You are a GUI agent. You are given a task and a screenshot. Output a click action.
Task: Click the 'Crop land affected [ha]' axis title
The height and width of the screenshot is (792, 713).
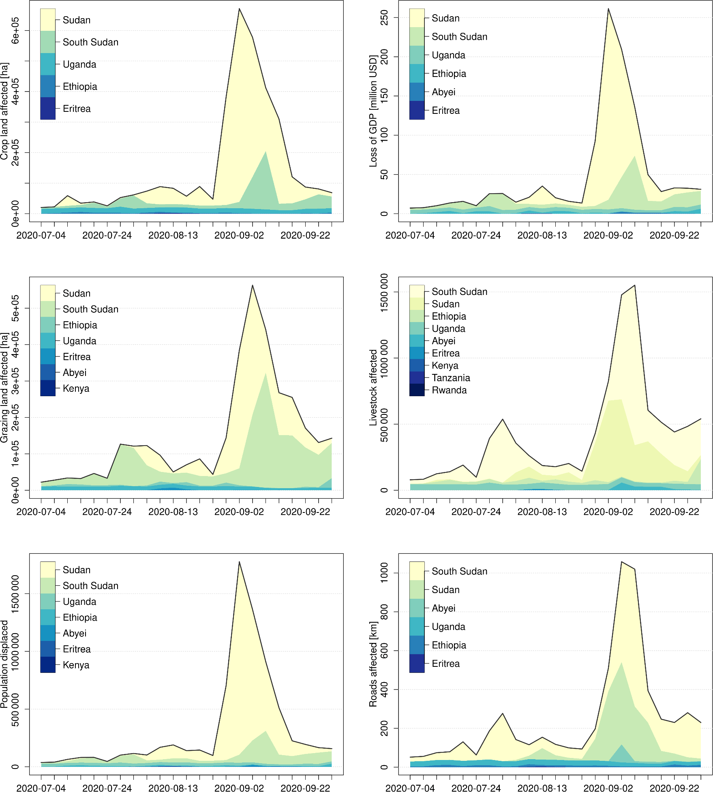(4, 111)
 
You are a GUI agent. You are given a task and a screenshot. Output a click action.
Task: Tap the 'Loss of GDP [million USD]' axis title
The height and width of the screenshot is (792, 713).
(373, 111)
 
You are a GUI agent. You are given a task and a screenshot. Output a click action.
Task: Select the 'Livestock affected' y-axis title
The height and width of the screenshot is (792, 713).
(373, 388)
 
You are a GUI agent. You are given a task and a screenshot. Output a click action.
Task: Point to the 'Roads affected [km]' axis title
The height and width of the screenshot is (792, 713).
(373, 664)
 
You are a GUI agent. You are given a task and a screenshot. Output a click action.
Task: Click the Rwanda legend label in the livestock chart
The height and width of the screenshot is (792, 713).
(449, 390)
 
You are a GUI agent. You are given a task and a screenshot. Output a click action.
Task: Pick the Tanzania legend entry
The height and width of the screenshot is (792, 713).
(451, 378)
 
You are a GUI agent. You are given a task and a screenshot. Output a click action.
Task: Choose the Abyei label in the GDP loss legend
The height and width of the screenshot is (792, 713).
(443, 92)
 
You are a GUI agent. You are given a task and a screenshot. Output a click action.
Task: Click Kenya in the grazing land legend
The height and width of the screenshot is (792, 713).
(76, 389)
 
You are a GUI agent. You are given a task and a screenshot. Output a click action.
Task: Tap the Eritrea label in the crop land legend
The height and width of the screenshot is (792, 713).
(77, 109)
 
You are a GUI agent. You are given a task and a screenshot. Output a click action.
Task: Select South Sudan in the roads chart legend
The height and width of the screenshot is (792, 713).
(459, 571)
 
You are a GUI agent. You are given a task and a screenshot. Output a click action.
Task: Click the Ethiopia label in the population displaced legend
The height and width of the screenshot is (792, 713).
(80, 617)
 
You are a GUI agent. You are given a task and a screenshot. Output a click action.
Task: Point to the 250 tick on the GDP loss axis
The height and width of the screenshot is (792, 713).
(384, 18)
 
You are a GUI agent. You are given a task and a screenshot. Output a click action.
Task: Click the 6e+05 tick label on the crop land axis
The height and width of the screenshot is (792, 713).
(15, 30)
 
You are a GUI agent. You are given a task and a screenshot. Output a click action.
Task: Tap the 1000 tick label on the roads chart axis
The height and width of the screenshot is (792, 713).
(384, 572)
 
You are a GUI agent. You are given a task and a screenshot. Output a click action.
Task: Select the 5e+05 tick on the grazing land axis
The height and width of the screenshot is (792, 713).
(15, 308)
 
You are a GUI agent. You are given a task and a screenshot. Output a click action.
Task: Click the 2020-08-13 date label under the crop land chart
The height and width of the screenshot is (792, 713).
(173, 235)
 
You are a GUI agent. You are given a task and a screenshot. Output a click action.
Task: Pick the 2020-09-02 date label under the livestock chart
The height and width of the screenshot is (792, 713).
(608, 512)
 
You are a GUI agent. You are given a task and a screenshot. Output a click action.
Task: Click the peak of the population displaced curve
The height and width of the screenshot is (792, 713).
(239, 562)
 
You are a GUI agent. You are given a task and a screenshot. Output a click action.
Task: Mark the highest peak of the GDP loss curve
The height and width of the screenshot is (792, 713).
(608, 9)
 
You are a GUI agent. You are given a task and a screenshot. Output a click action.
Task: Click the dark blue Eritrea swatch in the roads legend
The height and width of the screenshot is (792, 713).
(417, 664)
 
